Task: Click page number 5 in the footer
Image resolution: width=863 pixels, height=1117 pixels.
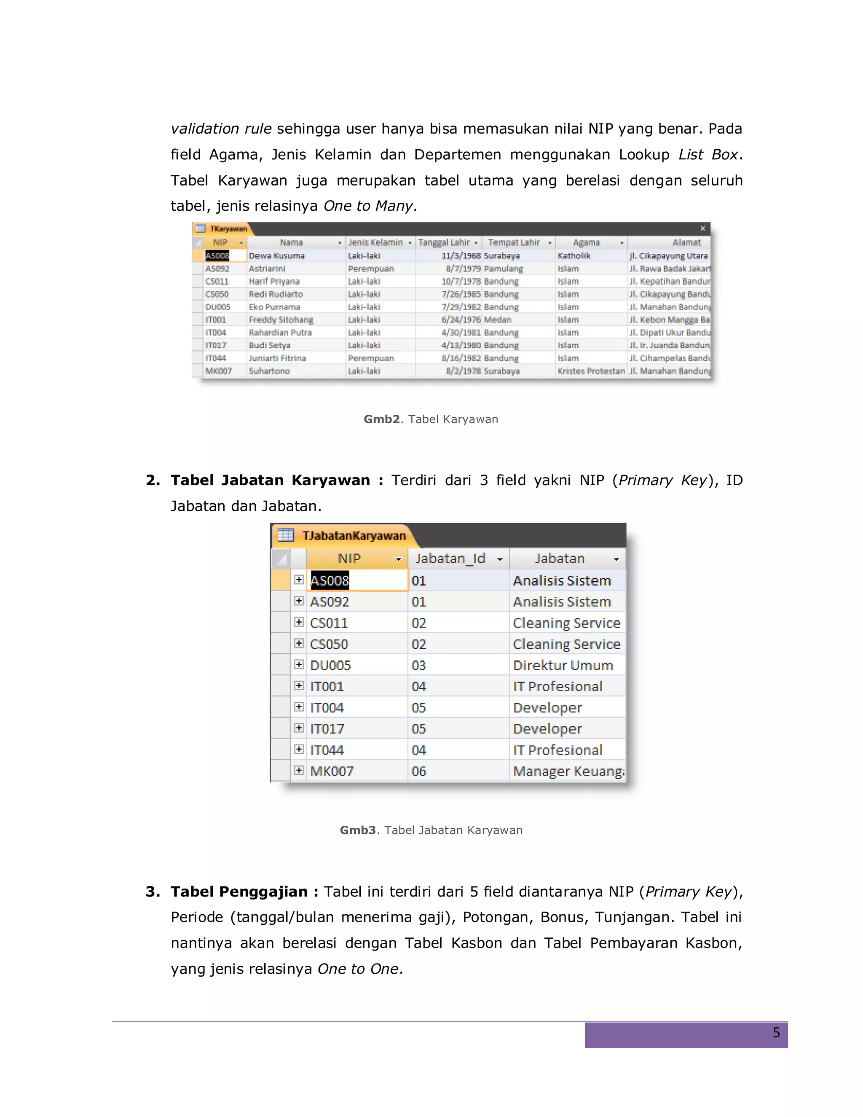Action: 776,1033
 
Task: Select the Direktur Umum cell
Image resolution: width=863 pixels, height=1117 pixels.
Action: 563,666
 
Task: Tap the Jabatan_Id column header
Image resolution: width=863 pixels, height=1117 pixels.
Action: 450,558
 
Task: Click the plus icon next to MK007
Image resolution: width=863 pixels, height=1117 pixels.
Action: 299,770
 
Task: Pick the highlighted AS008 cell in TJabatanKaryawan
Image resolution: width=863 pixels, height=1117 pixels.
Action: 330,580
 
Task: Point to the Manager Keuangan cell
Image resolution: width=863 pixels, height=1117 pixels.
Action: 568,771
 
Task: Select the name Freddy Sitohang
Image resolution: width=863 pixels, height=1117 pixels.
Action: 281,320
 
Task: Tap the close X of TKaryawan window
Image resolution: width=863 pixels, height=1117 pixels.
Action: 702,228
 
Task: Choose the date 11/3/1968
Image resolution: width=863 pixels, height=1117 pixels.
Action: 461,256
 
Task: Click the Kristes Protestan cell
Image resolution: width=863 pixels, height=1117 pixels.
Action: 590,371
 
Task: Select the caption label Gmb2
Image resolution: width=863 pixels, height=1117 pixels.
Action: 381,419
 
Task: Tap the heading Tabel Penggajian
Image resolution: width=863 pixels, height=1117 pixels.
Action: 239,891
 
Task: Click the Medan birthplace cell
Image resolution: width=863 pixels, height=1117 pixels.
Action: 498,320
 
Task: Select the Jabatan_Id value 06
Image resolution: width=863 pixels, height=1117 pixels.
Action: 419,771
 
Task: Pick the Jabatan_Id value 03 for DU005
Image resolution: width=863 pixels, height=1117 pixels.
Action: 419,666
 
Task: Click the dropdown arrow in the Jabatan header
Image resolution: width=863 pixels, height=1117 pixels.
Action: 616,559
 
